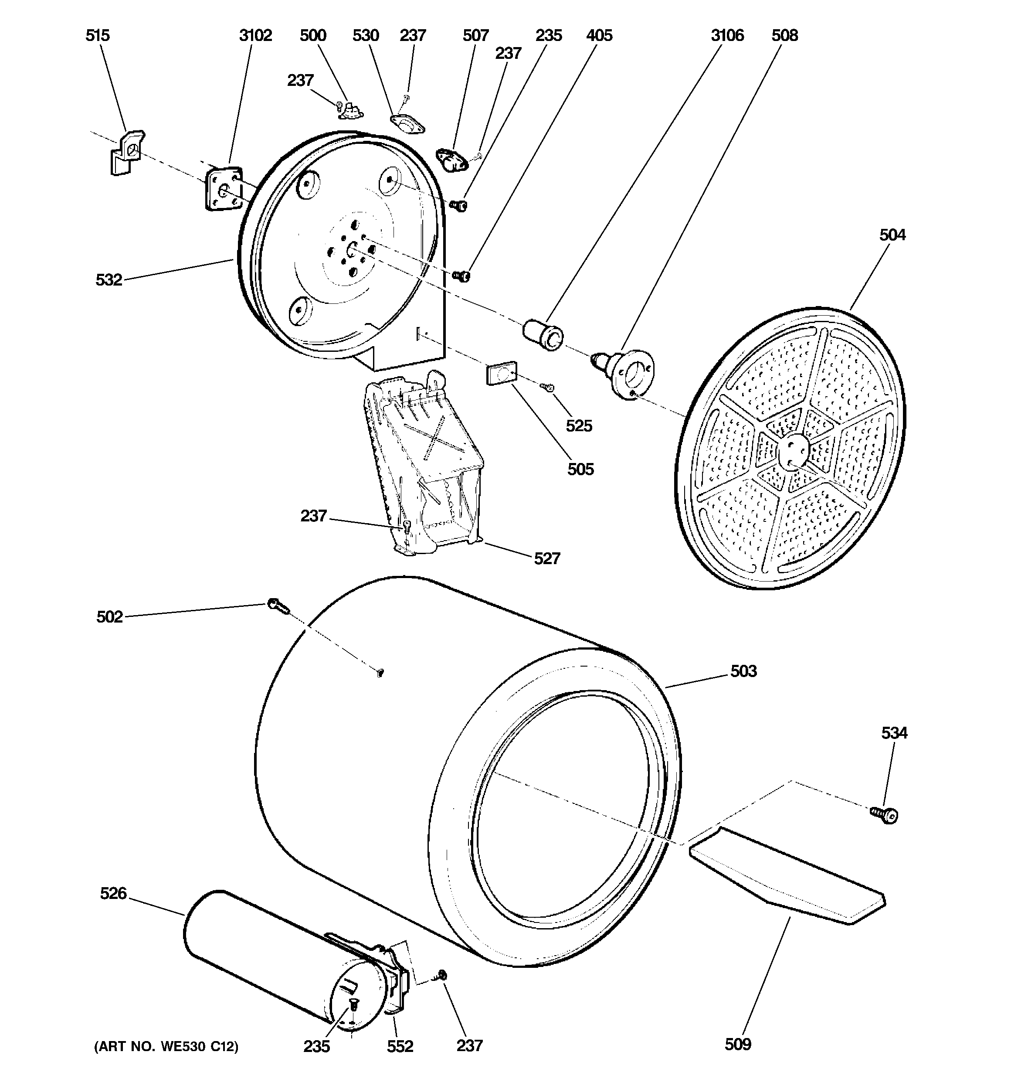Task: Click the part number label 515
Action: (98, 36)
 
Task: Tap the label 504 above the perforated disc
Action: (892, 235)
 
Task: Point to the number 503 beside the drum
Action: (743, 671)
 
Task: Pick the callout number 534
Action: (894, 733)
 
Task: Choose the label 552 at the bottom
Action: (400, 1046)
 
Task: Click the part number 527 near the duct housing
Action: (546, 558)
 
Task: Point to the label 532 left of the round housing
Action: (109, 280)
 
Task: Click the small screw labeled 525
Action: (546, 386)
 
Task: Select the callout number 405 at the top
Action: (599, 36)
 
